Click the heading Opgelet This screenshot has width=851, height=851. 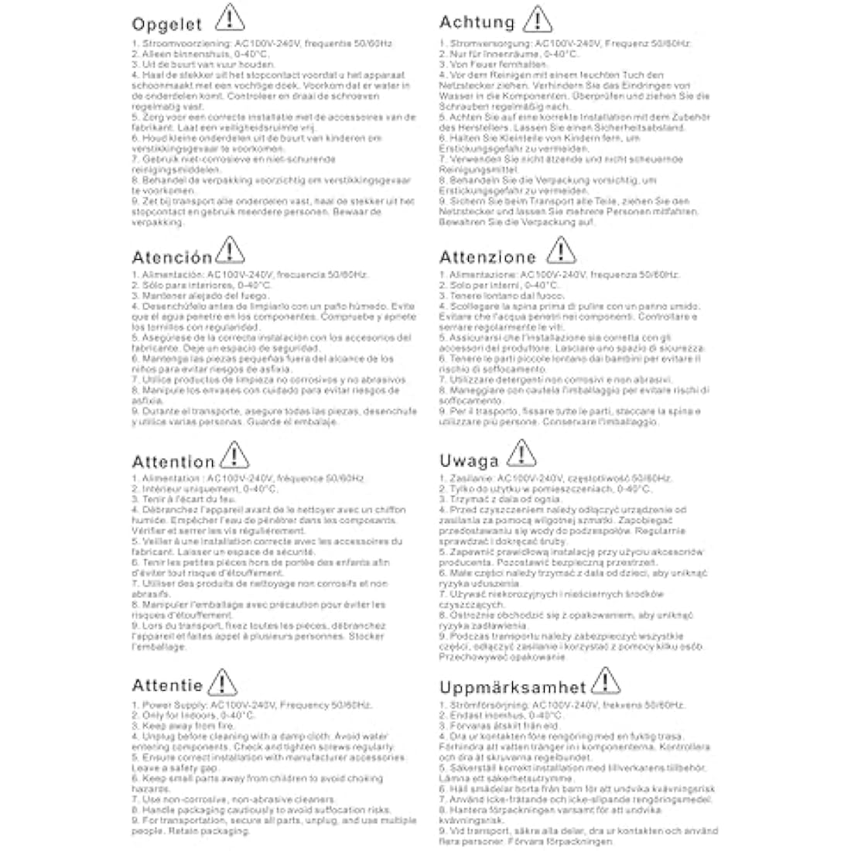point(166,26)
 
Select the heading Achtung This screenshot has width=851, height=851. point(477,22)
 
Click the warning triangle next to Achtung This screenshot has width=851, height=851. point(538,19)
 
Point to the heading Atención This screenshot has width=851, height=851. point(172,258)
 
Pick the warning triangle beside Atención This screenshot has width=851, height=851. point(230,250)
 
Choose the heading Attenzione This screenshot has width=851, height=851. point(487,257)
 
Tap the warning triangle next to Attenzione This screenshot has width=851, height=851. point(560,250)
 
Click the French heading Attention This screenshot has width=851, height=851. point(173,462)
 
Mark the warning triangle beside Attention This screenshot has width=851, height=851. point(234,455)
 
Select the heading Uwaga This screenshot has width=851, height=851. point(469,460)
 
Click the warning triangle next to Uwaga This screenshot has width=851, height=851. point(521,453)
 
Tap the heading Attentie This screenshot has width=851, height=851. point(167,685)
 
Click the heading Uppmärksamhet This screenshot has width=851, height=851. point(513,687)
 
